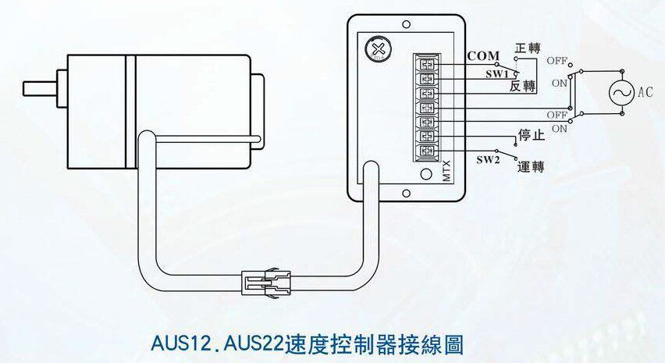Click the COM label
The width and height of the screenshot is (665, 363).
point(483,56)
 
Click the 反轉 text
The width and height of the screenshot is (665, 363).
point(522,86)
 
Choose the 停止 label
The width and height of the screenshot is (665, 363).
point(530,134)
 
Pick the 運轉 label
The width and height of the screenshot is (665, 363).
point(531,166)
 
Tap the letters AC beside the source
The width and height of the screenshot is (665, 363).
point(645,92)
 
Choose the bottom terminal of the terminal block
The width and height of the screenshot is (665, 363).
point(427,151)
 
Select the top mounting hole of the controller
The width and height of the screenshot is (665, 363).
point(406,25)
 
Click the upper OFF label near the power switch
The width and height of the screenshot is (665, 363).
point(557,60)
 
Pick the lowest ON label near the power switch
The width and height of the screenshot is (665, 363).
point(559,129)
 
